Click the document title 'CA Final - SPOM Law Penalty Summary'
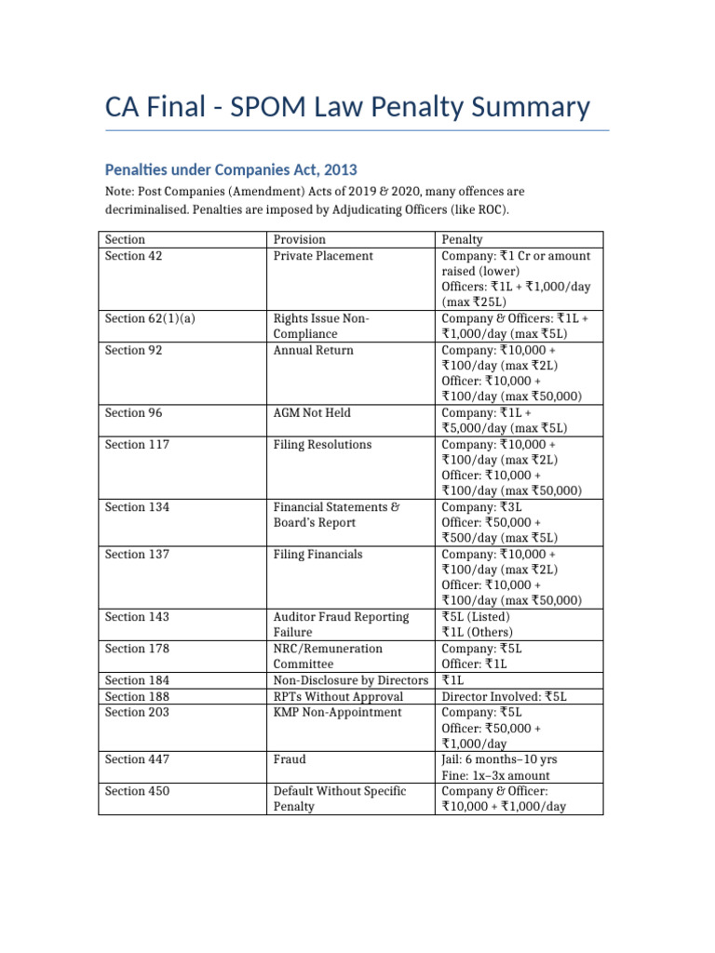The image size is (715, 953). click(x=347, y=107)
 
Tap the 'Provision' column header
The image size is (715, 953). click(x=300, y=240)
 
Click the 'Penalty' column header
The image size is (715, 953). click(x=463, y=240)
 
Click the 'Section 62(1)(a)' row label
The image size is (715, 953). click(x=151, y=319)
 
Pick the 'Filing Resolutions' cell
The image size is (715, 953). click(x=322, y=445)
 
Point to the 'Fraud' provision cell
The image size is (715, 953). click(x=290, y=759)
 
